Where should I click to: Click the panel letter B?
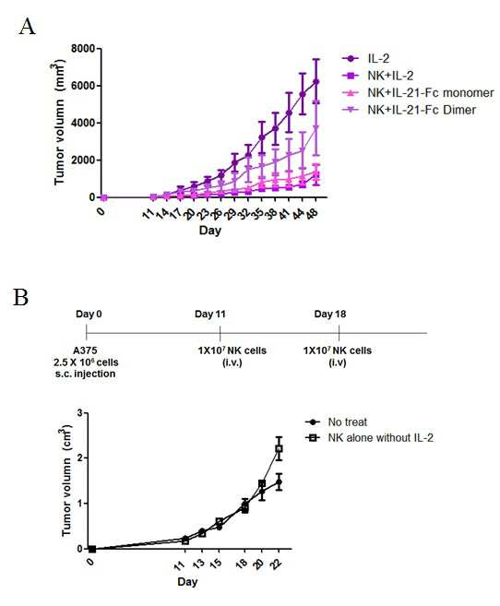[x=21, y=298]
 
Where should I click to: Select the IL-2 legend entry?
[x=366, y=59]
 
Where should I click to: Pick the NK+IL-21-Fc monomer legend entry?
[x=418, y=93]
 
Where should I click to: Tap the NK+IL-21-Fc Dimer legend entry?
[x=409, y=110]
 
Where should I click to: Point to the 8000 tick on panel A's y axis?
[x=83, y=49]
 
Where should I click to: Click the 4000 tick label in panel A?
[x=83, y=123]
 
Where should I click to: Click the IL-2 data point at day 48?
[x=316, y=81]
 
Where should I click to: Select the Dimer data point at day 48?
[x=316, y=127]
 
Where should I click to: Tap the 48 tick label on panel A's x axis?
[x=312, y=213]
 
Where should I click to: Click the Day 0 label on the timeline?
[x=89, y=314]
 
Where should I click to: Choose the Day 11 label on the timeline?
[x=209, y=314]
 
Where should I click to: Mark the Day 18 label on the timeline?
[x=330, y=314]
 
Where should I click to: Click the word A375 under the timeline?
[x=85, y=351]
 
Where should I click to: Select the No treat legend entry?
[x=336, y=422]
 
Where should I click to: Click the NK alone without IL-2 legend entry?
[x=369, y=438]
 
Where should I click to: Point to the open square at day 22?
[x=279, y=448]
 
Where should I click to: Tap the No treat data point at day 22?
[x=279, y=481]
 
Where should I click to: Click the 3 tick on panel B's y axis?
[x=80, y=413]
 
